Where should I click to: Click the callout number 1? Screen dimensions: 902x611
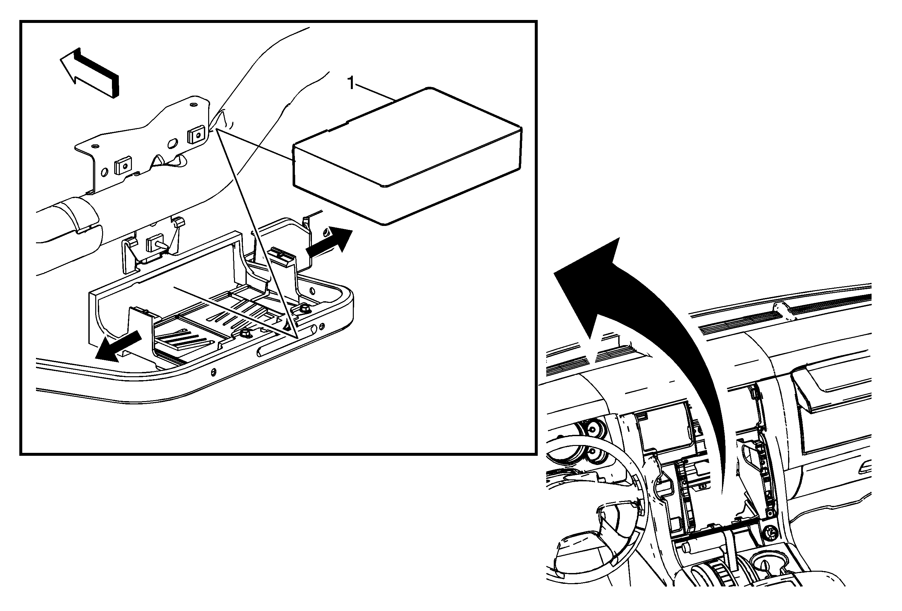pyautogui.click(x=351, y=83)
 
